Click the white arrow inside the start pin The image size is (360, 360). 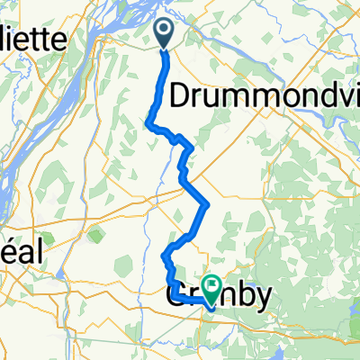(166, 31)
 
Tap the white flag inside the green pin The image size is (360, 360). (213, 287)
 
